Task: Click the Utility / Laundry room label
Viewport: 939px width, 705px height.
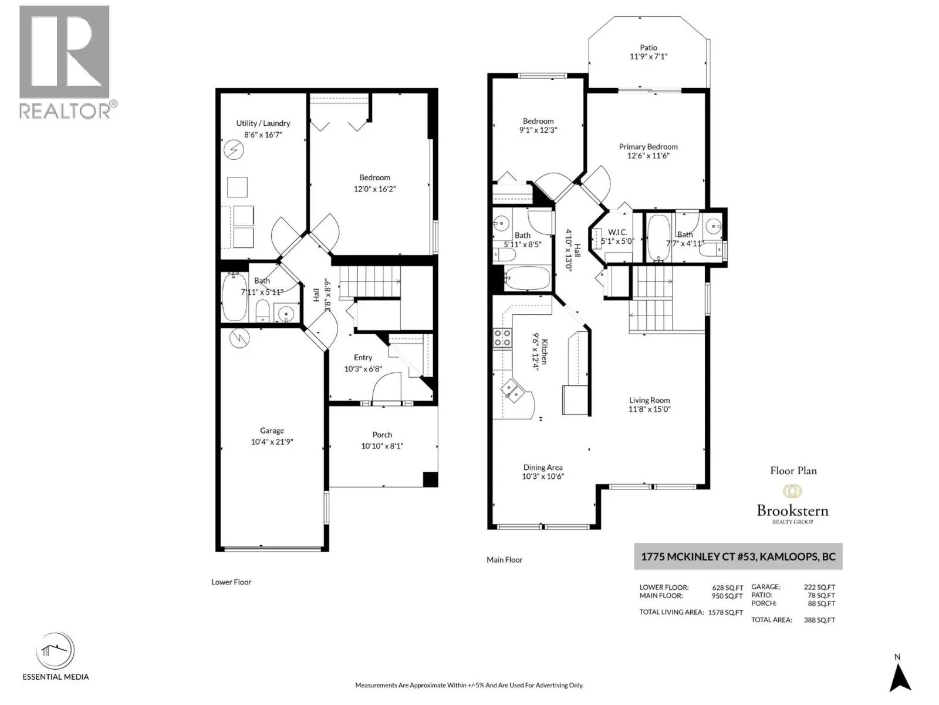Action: pyautogui.click(x=263, y=123)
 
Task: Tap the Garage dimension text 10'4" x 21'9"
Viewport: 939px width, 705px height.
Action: pyautogui.click(x=272, y=442)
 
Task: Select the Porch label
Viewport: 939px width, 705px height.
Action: pyautogui.click(x=382, y=435)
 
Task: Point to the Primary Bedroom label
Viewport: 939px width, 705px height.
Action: pyautogui.click(x=648, y=147)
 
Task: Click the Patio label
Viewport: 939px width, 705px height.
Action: pyautogui.click(x=648, y=48)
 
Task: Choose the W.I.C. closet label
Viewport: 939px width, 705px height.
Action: pyautogui.click(x=617, y=232)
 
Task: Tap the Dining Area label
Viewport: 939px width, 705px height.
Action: pyautogui.click(x=543, y=468)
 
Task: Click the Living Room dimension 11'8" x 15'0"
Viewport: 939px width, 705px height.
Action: pyautogui.click(x=650, y=409)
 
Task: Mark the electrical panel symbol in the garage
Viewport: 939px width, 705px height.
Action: pyautogui.click(x=239, y=338)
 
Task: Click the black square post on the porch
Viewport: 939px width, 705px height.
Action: pyautogui.click(x=430, y=479)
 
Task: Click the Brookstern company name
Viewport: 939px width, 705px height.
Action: pyautogui.click(x=792, y=511)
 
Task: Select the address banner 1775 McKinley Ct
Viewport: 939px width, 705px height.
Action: pyautogui.click(x=738, y=556)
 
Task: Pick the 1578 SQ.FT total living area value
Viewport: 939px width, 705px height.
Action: pyautogui.click(x=725, y=612)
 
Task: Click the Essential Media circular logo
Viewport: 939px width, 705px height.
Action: pyautogui.click(x=56, y=650)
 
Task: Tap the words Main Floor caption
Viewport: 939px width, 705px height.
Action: pyautogui.click(x=505, y=559)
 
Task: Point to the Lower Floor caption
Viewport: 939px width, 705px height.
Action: pyautogui.click(x=231, y=582)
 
